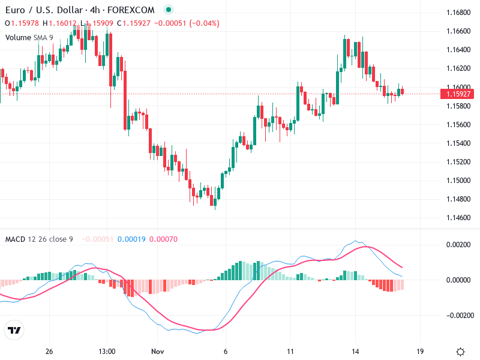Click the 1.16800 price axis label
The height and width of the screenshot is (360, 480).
(x=458, y=12)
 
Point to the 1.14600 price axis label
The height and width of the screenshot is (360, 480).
(x=458, y=217)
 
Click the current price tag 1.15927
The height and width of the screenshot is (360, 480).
(x=457, y=94)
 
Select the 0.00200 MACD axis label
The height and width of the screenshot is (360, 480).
(x=458, y=245)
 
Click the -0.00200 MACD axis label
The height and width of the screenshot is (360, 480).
(x=457, y=315)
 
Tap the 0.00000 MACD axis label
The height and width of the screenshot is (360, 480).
(x=458, y=280)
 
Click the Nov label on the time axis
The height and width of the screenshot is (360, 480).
(x=158, y=352)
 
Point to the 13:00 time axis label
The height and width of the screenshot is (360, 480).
(x=107, y=352)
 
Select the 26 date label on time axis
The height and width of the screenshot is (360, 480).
(x=49, y=352)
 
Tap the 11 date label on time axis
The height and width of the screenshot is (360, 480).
(x=290, y=352)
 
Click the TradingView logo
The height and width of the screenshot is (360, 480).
(x=14, y=330)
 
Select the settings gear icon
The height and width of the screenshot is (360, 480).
(x=460, y=352)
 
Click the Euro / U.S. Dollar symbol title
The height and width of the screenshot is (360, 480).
(x=42, y=10)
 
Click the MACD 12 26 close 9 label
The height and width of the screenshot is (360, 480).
(x=39, y=239)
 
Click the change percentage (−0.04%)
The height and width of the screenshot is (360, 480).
(x=204, y=23)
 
